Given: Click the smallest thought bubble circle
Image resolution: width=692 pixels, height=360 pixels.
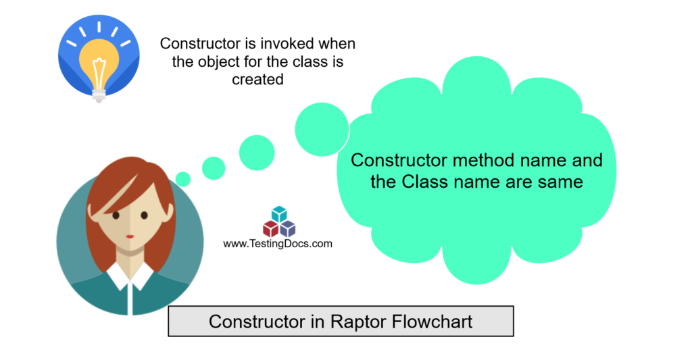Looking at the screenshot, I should coord(182,178).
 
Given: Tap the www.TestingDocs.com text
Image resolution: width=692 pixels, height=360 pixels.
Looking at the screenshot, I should coord(278,244).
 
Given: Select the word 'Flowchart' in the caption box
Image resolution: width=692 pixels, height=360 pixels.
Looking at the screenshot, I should coord(432,322).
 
